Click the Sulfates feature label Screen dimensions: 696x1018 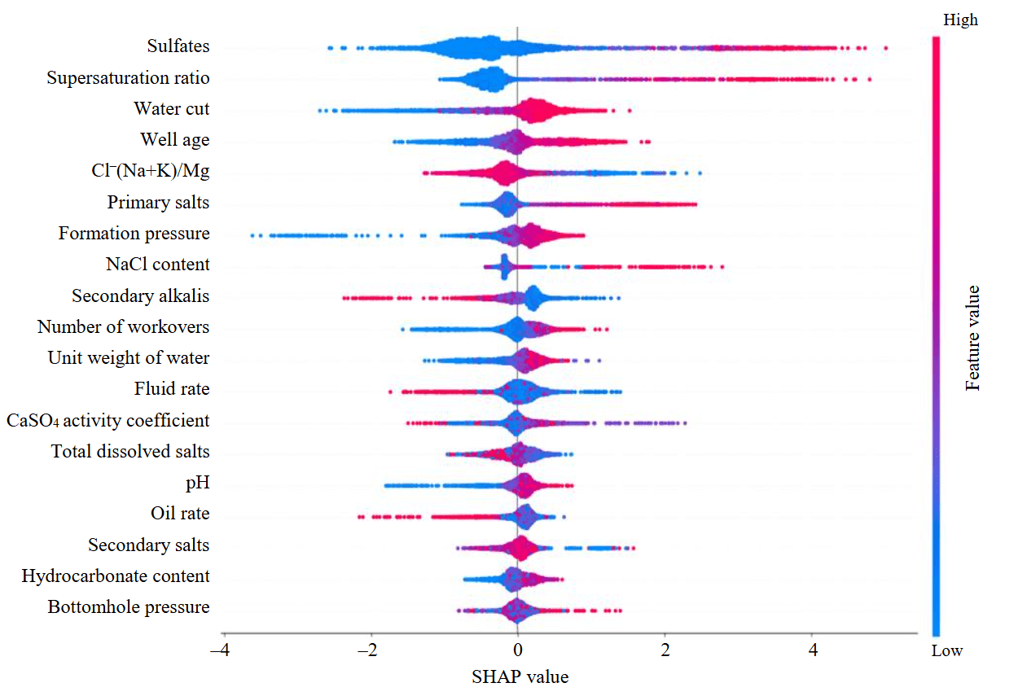178,46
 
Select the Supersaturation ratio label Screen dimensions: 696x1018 128,78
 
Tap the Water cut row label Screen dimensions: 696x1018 171,109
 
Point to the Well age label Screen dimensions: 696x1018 174,140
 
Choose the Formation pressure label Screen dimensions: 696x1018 134,234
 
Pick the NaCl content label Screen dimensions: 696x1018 157,265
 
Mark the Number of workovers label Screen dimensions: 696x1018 123,327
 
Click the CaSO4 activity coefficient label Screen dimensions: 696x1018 108,421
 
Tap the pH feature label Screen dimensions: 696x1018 197,483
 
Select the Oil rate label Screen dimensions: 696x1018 180,514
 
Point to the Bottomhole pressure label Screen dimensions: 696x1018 128,607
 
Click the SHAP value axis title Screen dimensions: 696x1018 519,676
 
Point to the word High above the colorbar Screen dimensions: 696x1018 961,20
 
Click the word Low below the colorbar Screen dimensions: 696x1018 947,650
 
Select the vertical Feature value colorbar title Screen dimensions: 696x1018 973,337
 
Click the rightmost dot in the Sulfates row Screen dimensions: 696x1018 885,48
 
